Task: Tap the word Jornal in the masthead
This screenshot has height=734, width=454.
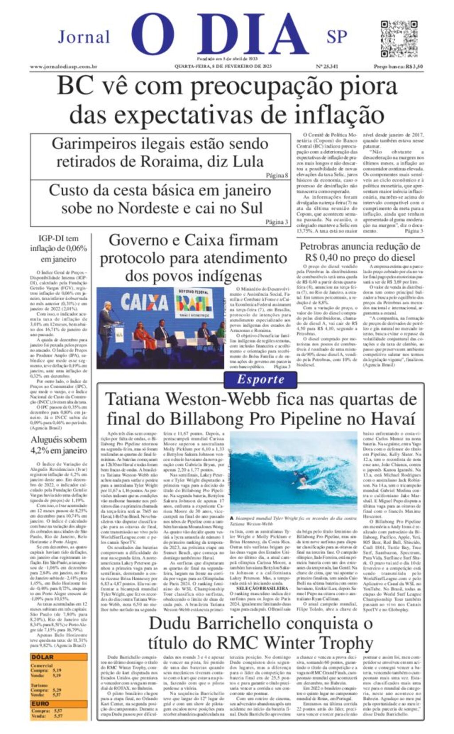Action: click(x=84, y=37)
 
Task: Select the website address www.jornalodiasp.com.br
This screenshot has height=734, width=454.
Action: click(x=63, y=67)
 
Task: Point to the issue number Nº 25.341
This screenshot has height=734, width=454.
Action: click(x=327, y=67)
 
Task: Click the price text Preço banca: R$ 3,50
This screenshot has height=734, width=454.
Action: click(x=398, y=67)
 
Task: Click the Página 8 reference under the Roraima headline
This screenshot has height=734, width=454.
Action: click(x=277, y=176)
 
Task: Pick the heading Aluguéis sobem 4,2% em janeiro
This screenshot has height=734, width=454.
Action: click(x=59, y=445)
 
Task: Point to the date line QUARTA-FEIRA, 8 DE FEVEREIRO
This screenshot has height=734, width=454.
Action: click(x=223, y=66)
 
